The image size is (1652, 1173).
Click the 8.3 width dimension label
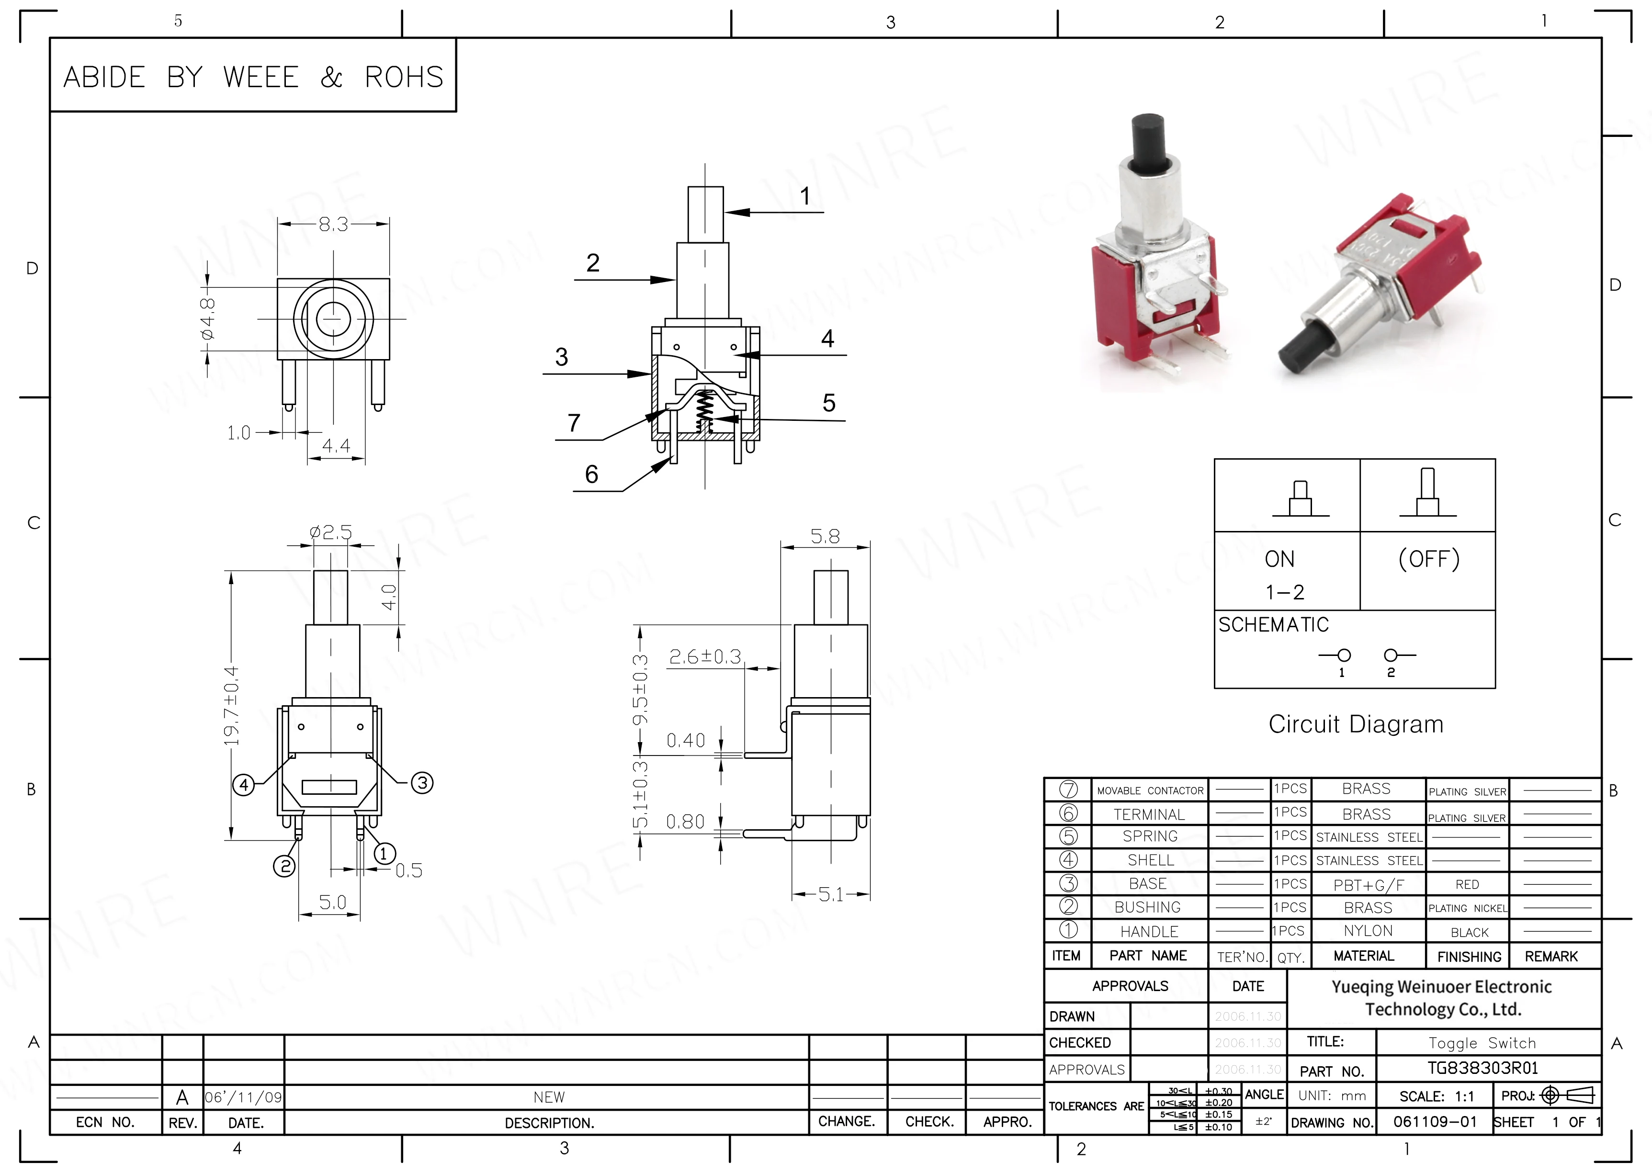[x=333, y=225]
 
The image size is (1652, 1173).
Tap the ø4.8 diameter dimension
[x=208, y=318]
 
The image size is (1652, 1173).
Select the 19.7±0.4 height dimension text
[x=231, y=706]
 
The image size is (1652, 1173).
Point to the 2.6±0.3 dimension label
[x=705, y=656]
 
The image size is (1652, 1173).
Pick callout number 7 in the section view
[x=574, y=423]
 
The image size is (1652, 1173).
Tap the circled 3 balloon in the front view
[x=422, y=782]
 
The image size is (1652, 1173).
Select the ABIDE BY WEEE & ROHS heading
[x=253, y=77]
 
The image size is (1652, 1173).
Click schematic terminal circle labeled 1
[x=1344, y=655]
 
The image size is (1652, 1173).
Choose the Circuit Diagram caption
[x=1355, y=724]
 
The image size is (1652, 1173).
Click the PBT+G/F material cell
[x=1368, y=885]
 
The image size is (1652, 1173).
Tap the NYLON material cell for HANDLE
[x=1368, y=931]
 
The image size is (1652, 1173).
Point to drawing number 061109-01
[x=1435, y=1122]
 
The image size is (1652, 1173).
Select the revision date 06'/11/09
[x=243, y=1098]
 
